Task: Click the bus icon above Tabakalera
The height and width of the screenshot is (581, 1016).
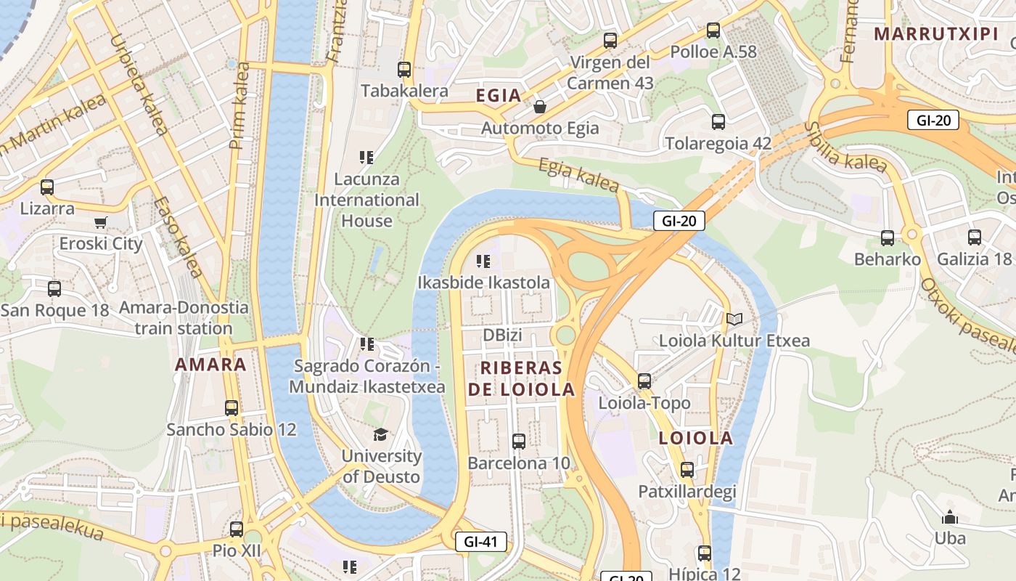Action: click(x=404, y=70)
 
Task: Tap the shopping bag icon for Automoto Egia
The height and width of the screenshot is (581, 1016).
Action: click(x=540, y=107)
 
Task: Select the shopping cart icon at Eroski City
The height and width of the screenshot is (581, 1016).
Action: click(x=101, y=222)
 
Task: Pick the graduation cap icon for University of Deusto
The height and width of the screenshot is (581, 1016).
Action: click(x=380, y=434)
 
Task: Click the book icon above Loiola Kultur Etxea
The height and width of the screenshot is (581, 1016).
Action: click(x=734, y=319)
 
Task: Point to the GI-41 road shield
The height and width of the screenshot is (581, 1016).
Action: click(x=480, y=542)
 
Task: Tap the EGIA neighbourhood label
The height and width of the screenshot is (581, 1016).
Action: click(x=499, y=95)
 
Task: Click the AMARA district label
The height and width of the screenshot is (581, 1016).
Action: click(x=210, y=365)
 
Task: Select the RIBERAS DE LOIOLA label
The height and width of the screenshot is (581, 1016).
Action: click(x=521, y=378)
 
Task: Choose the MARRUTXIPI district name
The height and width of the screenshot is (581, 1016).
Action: click(x=925, y=33)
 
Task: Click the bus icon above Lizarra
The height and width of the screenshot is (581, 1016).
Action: click(x=47, y=187)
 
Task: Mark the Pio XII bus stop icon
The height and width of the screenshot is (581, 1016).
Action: click(x=237, y=529)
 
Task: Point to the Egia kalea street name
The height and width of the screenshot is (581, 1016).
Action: click(x=579, y=174)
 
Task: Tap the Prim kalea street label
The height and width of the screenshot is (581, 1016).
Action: click(x=239, y=106)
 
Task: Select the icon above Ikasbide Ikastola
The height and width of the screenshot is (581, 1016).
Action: click(x=483, y=261)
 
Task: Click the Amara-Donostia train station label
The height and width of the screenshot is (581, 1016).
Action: click(x=184, y=317)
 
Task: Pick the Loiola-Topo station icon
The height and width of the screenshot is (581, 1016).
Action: click(x=644, y=381)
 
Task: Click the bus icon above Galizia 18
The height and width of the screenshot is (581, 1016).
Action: click(x=974, y=237)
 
